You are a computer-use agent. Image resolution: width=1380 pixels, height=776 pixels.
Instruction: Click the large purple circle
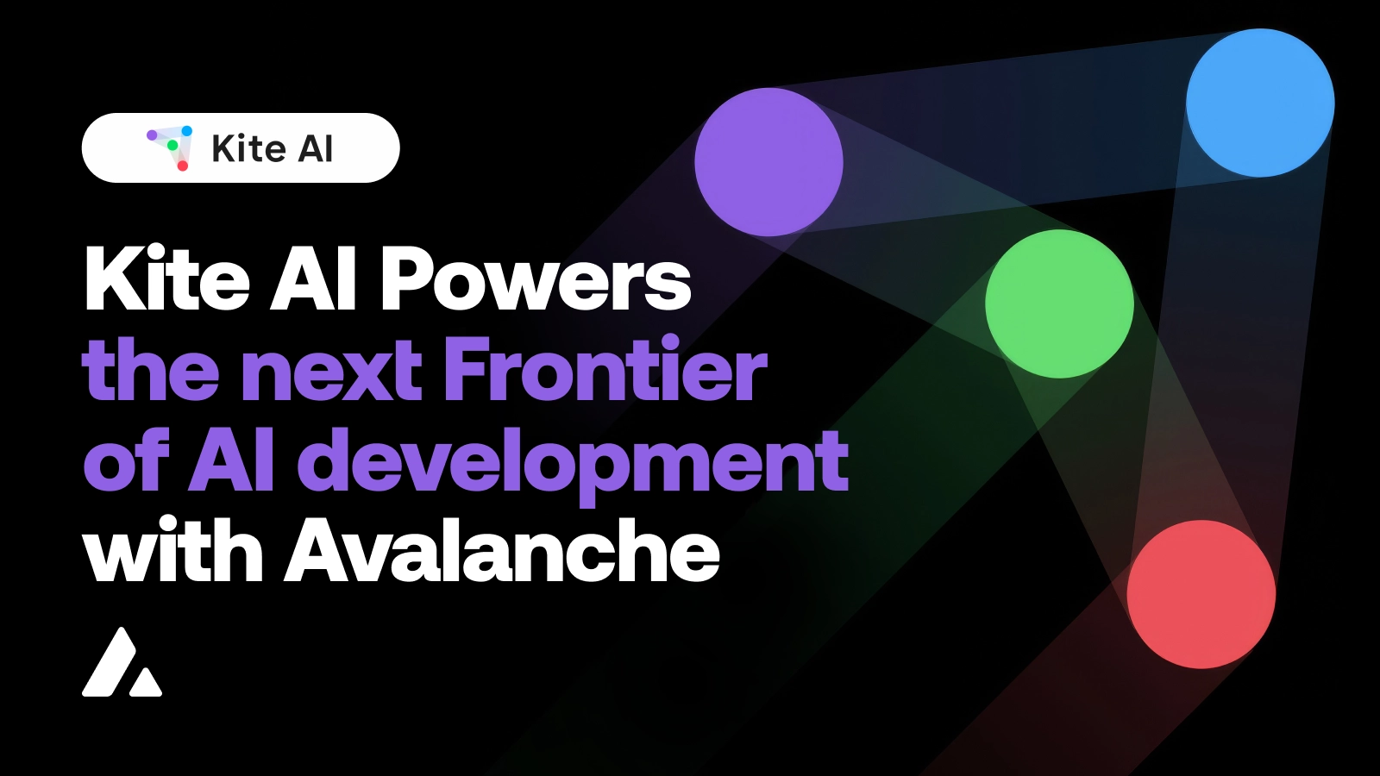(768, 161)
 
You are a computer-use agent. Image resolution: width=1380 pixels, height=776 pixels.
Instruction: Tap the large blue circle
(1260, 103)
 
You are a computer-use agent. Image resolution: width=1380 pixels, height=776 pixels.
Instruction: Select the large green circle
(1059, 304)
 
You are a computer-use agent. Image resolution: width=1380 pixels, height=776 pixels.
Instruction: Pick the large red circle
(1201, 594)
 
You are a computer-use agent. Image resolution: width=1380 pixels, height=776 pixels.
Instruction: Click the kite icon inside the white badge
(170, 147)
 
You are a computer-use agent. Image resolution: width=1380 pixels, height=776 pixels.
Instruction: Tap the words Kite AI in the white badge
(272, 148)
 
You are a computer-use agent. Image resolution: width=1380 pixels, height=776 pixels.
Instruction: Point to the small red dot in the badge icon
(183, 166)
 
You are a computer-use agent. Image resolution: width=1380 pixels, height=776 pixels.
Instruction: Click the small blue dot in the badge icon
(187, 131)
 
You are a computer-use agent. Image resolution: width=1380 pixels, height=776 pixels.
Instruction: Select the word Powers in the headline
(536, 279)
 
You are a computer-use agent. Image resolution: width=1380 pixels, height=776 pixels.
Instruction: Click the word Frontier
(605, 370)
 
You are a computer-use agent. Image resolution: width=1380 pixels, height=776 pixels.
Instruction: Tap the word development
(573, 463)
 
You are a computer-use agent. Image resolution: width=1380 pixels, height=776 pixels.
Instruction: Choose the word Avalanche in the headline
(502, 552)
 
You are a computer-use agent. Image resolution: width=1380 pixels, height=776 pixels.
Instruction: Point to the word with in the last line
(172, 552)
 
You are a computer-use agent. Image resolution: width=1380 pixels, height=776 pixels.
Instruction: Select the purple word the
(150, 370)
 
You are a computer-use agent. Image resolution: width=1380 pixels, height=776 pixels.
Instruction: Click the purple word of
(126, 462)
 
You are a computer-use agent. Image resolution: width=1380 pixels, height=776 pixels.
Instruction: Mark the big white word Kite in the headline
(167, 279)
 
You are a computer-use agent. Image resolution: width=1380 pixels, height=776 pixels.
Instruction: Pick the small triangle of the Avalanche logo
(146, 682)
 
